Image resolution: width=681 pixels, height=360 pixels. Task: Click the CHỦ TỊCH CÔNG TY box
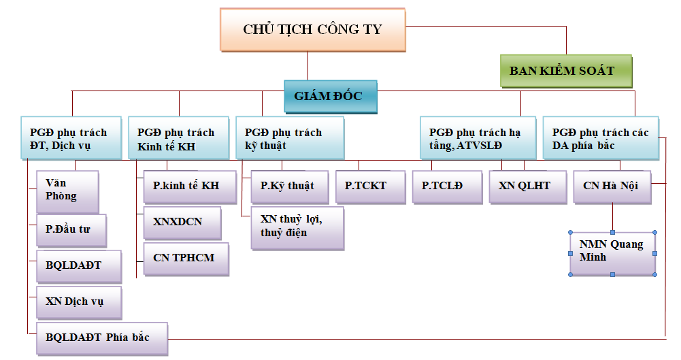[x=312, y=29]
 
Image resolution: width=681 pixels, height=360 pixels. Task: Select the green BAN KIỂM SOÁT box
[x=561, y=71]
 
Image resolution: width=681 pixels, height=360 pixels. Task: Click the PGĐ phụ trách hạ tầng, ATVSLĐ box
[x=474, y=139]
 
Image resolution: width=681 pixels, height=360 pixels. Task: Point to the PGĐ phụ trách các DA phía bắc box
[x=600, y=139]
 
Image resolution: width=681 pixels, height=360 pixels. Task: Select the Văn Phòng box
[x=67, y=191]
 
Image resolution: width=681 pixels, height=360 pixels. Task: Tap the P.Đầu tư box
[x=71, y=230]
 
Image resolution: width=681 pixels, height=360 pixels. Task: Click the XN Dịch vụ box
[x=78, y=301]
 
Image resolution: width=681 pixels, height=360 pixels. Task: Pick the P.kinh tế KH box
[x=186, y=186]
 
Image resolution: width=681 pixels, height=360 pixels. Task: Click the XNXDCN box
[x=182, y=222]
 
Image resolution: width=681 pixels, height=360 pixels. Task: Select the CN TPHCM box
[x=185, y=259]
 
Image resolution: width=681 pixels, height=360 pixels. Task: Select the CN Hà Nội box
[x=611, y=186]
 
